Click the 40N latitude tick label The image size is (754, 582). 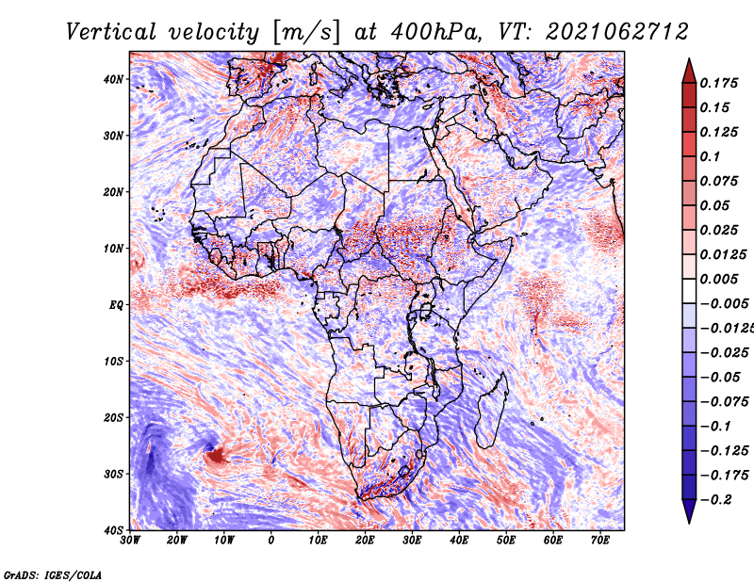coord(113,79)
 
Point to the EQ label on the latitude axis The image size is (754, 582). coord(116,305)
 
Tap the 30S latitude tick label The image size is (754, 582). coord(113,475)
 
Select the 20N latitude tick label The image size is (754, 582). coord(113,192)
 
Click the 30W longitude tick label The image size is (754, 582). coord(130,541)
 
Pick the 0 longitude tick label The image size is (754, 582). coord(271,541)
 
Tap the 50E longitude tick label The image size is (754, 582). coord(506,541)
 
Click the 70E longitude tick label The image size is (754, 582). coord(599,541)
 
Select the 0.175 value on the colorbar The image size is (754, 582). coord(718,84)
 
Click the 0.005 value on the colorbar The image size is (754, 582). coord(718,279)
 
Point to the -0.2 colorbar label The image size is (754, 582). coord(716,500)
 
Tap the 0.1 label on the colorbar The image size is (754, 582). coord(711,156)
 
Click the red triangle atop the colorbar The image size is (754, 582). coord(689,71)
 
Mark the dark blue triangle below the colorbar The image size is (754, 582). coord(689,511)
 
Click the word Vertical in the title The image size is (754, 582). coord(111,32)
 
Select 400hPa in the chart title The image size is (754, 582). coord(435,32)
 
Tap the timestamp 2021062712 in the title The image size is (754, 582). coord(617,32)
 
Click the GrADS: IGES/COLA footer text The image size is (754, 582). coord(53,575)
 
